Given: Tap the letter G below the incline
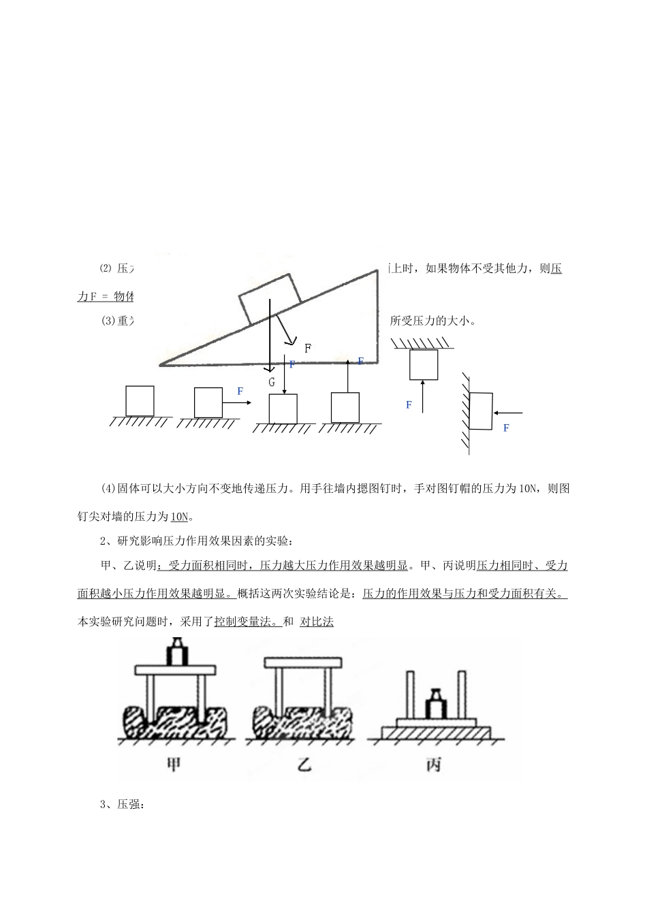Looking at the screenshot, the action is tap(271, 382).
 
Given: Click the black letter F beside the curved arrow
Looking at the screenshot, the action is tap(308, 349).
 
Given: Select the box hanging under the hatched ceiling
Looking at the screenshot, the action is tap(423, 364).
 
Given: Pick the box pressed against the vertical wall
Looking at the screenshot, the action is tap(481, 411).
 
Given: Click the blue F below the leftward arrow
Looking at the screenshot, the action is tap(506, 428).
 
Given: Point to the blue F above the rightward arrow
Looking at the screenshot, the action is tap(240, 391).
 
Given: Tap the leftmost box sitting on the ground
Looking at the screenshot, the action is tap(140, 401).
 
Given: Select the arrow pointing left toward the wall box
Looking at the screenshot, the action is tap(509, 413).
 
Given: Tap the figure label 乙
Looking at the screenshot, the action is tap(304, 764).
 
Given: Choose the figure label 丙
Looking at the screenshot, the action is tap(433, 764).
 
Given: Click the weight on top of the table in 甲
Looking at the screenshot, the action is tap(178, 653).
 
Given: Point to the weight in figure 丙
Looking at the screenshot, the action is tap(436, 704).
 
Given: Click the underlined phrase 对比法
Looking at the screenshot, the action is tap(317, 622).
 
